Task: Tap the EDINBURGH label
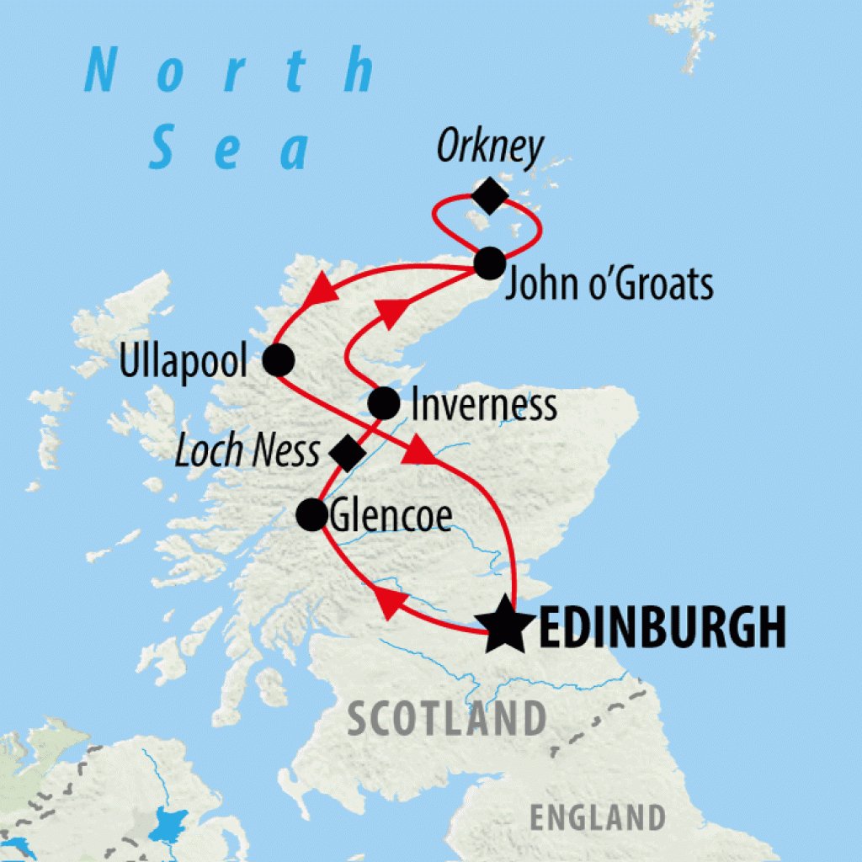point(661,628)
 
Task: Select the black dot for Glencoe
point(312,513)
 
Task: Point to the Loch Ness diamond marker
point(345,452)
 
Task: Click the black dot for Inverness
point(384,404)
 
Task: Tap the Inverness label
point(483,405)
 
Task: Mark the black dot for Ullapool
point(278,360)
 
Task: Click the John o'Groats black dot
point(489,263)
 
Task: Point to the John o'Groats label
point(609,285)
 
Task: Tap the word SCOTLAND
point(446,720)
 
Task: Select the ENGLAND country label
point(597,817)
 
